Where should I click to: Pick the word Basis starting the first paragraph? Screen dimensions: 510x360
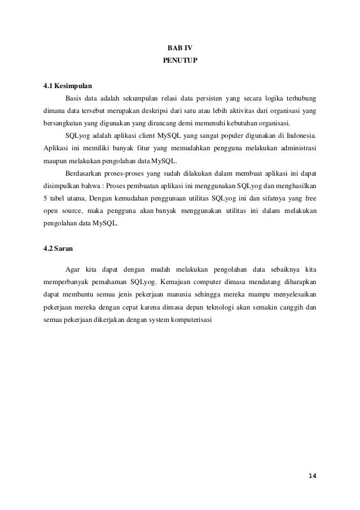pyautogui.click(x=74, y=98)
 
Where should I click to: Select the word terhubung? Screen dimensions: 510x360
pyautogui.click(x=299, y=98)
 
